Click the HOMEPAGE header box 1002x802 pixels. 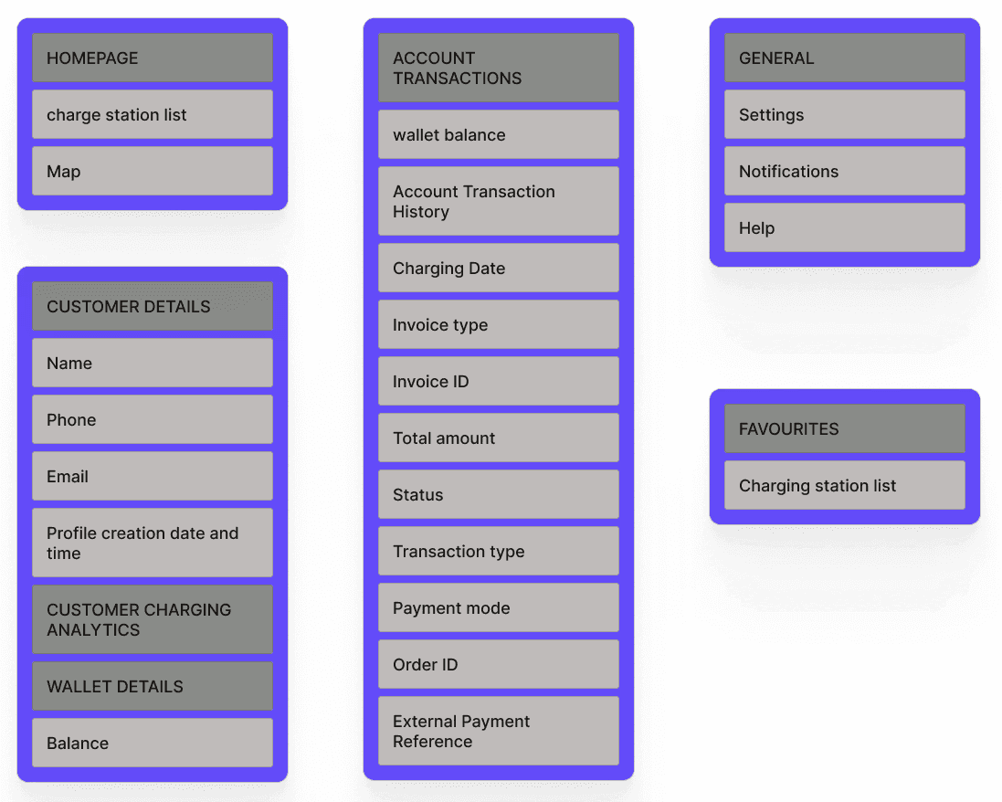153,58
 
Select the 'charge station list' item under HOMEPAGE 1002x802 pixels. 153,115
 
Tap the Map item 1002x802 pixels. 153,172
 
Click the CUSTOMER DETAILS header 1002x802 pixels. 153,307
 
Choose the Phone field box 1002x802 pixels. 153,420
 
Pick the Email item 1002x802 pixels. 153,477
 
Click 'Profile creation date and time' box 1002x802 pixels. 153,543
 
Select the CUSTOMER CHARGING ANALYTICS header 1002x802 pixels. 153,620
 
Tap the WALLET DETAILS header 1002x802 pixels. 153,687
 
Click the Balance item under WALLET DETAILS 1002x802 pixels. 153,744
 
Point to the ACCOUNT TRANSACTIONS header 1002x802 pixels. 499,69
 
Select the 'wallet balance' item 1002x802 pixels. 499,135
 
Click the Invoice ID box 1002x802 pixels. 499,382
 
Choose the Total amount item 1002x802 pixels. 499,438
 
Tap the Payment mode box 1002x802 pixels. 499,608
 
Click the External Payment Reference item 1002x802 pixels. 499,732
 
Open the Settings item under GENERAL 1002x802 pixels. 845,115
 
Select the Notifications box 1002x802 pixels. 845,172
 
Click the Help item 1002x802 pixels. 845,228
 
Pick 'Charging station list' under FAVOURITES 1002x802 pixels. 845,486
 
